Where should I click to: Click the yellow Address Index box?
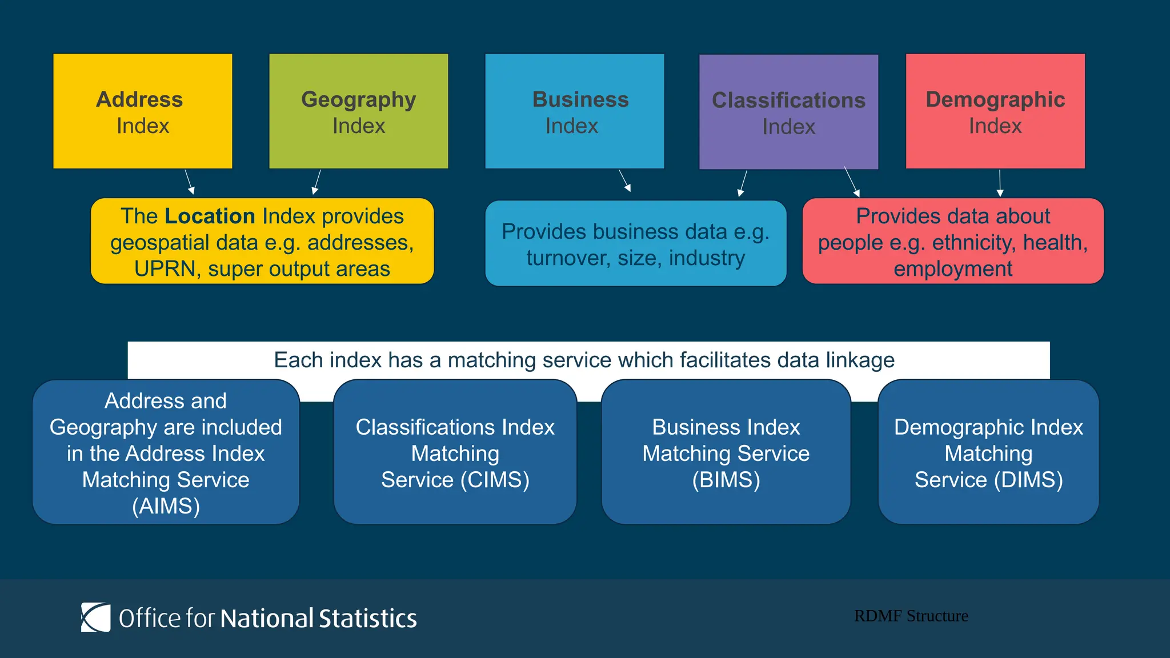tap(143, 111)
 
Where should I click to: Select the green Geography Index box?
tap(359, 111)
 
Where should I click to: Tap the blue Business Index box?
tap(575, 111)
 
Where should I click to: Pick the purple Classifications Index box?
tap(789, 112)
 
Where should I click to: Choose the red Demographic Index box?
tap(995, 111)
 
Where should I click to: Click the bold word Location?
tap(210, 216)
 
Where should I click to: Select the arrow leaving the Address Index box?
tap(190, 182)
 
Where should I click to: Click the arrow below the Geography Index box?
tap(316, 182)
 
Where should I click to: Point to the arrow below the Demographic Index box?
tap(1000, 183)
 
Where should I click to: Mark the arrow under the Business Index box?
tap(625, 180)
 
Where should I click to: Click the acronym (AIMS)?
tap(166, 506)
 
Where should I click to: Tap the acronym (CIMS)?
tap(495, 480)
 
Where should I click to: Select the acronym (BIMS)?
tap(726, 480)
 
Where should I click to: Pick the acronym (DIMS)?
tap(1028, 480)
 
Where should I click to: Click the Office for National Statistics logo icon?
tap(95, 617)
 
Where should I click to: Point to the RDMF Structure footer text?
tap(911, 616)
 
